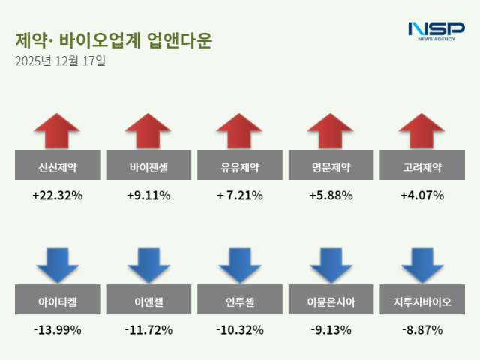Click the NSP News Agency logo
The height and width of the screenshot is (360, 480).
(x=436, y=31)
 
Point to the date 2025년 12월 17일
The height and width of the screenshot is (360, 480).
(x=60, y=61)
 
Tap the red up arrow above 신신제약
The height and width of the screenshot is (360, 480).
(x=57, y=130)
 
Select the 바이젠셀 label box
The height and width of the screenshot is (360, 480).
(x=148, y=168)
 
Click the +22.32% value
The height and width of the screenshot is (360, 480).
(x=57, y=196)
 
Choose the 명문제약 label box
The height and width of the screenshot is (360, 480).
(x=331, y=168)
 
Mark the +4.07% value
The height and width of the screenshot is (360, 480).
(x=422, y=196)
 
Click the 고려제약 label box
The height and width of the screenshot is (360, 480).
(x=422, y=168)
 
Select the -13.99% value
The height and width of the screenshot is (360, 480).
(x=57, y=330)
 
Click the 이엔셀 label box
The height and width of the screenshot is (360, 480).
(x=148, y=302)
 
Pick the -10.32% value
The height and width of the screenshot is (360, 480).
(x=240, y=330)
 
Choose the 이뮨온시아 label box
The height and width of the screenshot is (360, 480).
(x=331, y=302)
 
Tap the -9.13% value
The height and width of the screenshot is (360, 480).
(x=331, y=330)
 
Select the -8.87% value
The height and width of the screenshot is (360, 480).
(x=422, y=330)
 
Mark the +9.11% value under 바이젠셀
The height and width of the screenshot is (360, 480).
(x=148, y=196)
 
